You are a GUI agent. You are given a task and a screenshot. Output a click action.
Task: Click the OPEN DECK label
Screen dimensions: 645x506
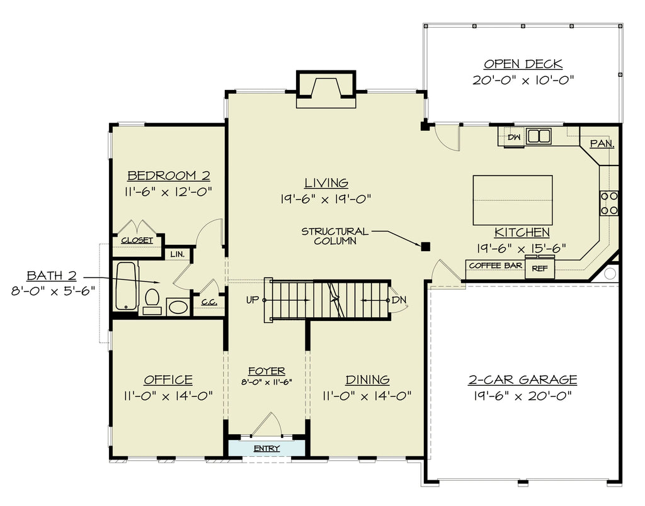[x=523, y=64]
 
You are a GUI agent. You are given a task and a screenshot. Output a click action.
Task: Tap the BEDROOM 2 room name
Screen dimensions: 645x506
[x=169, y=176]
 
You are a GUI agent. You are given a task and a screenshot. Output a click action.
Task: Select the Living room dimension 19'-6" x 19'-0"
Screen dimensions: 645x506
[x=326, y=199]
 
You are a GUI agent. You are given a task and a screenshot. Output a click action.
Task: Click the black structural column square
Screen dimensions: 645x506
[x=425, y=247]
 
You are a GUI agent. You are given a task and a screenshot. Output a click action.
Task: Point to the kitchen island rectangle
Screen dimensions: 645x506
[x=513, y=200]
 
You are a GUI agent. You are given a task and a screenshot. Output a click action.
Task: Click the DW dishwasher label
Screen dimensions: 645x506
[x=514, y=137]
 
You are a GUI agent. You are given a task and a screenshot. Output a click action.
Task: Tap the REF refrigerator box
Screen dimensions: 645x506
[x=540, y=267]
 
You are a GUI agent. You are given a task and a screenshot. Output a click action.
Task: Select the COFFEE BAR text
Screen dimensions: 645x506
[x=495, y=266]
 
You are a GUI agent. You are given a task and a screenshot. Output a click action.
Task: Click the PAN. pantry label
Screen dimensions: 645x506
[x=602, y=143]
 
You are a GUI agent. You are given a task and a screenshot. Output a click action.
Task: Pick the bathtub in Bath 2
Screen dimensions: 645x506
[x=126, y=286]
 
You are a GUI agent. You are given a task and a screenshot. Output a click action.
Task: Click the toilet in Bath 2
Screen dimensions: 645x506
[x=152, y=301]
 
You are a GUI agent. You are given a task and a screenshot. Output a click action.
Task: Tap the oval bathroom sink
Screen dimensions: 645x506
[x=178, y=307]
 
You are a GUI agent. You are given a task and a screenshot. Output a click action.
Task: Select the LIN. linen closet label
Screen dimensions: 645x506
[x=177, y=254]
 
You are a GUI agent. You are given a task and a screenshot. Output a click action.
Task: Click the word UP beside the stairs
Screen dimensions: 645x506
[x=252, y=300]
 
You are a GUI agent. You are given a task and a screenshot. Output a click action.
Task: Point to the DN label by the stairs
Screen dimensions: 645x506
[x=399, y=300]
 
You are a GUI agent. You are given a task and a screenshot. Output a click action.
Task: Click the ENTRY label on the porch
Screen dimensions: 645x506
[x=266, y=448]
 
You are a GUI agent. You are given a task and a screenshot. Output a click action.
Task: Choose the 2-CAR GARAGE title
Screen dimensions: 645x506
[x=522, y=379]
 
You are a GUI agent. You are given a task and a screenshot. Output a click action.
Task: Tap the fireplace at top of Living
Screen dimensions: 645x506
[x=326, y=89]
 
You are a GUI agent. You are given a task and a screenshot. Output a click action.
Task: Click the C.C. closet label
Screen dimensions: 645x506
[x=209, y=302]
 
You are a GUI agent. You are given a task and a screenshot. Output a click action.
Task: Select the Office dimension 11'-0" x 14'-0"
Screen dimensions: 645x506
[x=168, y=396]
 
